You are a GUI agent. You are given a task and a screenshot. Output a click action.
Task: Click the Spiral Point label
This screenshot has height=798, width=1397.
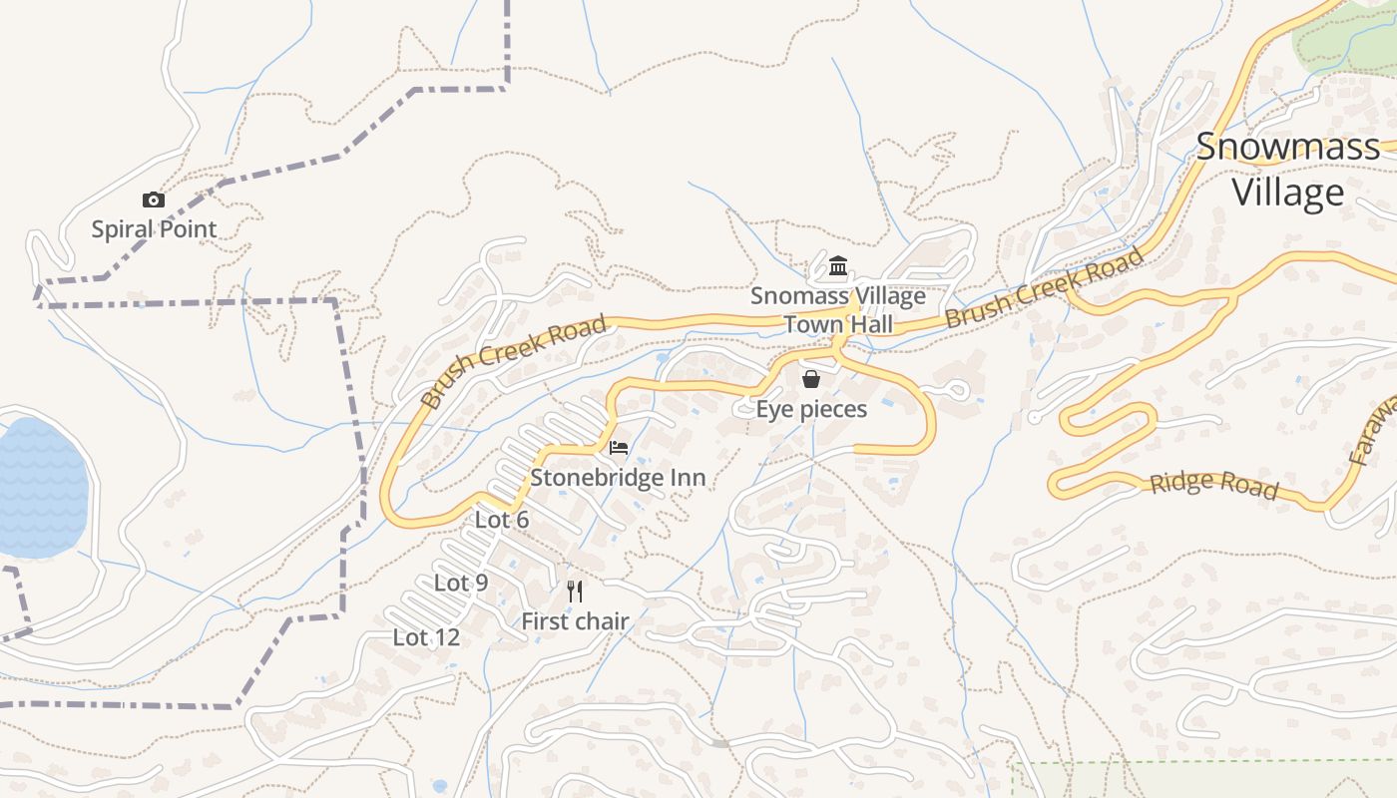[x=154, y=229]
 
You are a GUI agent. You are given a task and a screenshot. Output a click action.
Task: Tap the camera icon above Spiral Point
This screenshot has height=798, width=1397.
[x=153, y=200]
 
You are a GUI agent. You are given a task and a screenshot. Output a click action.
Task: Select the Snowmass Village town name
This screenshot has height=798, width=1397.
[x=1287, y=169]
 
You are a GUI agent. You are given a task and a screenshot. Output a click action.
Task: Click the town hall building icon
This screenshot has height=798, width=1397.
[x=838, y=266]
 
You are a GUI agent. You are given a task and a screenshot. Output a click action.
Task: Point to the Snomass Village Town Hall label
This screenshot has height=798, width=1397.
[x=838, y=310]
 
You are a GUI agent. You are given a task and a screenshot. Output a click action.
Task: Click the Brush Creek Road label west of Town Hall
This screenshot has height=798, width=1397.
[x=514, y=361]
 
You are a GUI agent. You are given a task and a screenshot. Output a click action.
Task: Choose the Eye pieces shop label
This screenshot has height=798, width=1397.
[x=811, y=409]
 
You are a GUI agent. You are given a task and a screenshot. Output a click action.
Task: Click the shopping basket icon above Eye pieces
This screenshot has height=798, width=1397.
[x=811, y=379]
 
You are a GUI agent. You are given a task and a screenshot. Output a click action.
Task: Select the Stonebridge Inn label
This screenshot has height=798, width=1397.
[x=618, y=478]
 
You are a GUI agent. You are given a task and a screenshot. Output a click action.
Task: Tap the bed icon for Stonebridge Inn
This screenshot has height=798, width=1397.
[x=619, y=448]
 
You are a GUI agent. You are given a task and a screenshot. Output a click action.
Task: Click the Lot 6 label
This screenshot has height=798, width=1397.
[x=502, y=520]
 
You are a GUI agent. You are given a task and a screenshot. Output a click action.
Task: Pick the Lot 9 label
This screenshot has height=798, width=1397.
[x=461, y=583]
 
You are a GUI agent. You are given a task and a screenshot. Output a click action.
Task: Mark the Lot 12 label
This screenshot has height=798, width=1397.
[x=427, y=637]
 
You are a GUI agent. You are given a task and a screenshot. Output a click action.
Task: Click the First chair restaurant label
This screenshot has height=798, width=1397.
[x=575, y=621]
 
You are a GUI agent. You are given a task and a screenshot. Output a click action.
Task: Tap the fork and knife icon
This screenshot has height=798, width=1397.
[x=575, y=592]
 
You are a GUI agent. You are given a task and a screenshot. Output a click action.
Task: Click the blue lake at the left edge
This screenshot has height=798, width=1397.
[x=40, y=489]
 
